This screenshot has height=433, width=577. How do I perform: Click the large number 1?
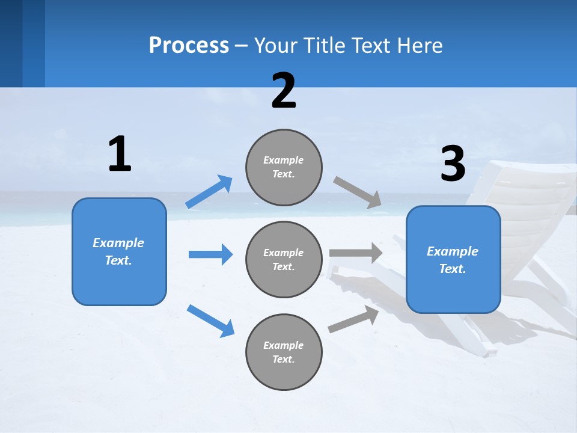tap(120, 155)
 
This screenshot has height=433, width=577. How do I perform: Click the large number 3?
tap(453, 164)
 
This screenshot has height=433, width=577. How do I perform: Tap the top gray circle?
tap(284, 167)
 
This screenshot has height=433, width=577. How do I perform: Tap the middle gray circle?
tap(284, 260)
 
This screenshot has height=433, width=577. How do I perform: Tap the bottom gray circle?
tap(284, 352)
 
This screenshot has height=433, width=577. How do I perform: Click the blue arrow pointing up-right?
tap(209, 192)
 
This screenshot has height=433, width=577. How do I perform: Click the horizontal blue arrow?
tap(210, 254)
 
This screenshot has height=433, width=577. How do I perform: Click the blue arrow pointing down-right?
tap(210, 321)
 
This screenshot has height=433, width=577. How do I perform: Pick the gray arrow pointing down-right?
tap(358, 192)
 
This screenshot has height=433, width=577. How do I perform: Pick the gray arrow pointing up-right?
tap(353, 319)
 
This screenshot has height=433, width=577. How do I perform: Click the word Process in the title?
tap(189, 46)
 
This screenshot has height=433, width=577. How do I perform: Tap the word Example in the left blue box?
tap(118, 243)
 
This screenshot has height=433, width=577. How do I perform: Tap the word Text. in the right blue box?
tap(453, 269)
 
